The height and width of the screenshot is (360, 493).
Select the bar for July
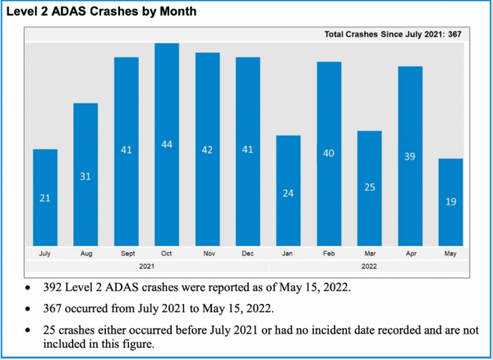click(x=45, y=197)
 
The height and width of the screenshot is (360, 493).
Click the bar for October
click(x=167, y=144)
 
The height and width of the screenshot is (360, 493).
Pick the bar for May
click(x=450, y=201)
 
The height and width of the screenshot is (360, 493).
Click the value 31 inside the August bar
click(x=85, y=178)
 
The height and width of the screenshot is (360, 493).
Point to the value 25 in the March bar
click(x=370, y=187)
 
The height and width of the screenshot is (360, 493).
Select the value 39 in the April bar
click(x=410, y=156)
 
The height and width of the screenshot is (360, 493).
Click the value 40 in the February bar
click(x=329, y=153)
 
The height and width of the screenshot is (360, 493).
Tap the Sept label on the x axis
click(x=126, y=255)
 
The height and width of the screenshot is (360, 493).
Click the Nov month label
click(x=207, y=255)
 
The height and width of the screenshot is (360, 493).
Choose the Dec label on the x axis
click(x=248, y=255)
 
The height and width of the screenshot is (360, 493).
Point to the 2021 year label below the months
click(x=146, y=267)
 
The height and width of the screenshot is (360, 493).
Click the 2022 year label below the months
click(x=370, y=267)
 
